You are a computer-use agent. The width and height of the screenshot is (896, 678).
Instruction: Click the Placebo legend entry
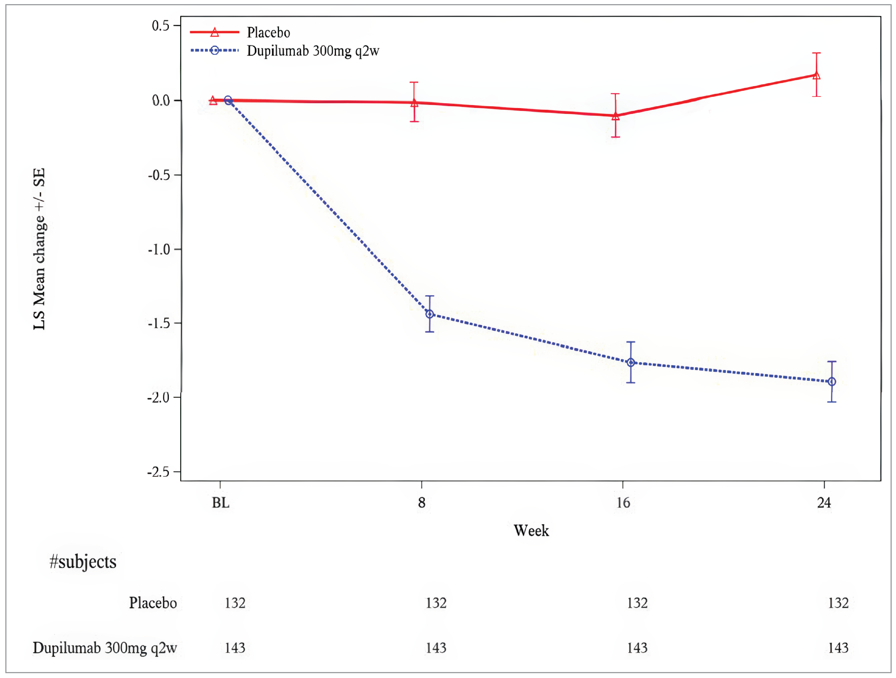[x=268, y=32]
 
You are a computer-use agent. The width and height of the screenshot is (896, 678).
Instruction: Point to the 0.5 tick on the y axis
[x=160, y=26]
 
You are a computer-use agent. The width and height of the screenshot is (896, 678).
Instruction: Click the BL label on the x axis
[x=221, y=503]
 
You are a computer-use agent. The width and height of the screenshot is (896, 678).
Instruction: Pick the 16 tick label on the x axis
[x=623, y=503]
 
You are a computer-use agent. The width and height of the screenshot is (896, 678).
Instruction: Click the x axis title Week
[x=531, y=531]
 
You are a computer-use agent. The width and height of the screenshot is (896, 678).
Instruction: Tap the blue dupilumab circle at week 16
[x=631, y=363]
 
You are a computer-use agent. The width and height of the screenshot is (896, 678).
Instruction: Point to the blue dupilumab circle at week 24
[x=832, y=382]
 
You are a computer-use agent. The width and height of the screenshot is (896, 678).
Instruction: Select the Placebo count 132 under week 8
[x=436, y=603]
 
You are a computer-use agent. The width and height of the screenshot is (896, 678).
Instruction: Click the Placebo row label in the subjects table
[x=153, y=603]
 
